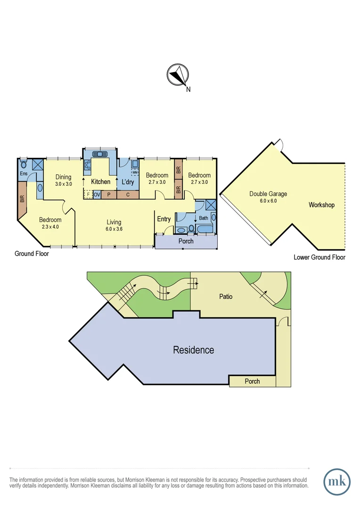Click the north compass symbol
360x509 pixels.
tap(178, 75)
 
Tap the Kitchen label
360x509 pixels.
tap(100, 182)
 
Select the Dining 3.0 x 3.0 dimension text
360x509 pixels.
tap(63, 184)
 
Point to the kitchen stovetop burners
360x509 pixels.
tap(88, 165)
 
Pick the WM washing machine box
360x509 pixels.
tap(135, 172)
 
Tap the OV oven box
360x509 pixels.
tap(97, 194)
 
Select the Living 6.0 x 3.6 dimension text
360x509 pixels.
tap(114, 229)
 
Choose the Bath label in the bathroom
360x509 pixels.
tap(204, 218)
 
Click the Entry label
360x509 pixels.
tap(164, 219)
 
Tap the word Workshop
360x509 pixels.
tap(321, 205)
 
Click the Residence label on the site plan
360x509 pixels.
tap(193, 350)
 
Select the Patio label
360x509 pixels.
tap(226, 297)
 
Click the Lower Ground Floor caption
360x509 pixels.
tap(319, 257)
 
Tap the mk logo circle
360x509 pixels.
tap(337, 482)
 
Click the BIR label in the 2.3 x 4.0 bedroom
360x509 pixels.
tap(22, 199)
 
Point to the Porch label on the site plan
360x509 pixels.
tap(252, 381)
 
